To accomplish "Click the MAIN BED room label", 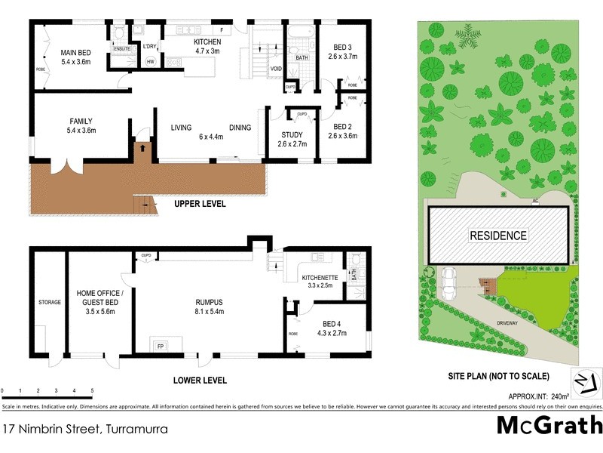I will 75,53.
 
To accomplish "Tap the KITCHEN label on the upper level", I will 207,42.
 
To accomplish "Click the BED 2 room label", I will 342,127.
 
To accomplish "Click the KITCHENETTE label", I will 320,277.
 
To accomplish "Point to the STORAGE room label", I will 50,303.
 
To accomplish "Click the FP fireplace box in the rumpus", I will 160,346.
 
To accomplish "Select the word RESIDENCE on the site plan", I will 498,236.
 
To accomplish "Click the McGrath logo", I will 549,425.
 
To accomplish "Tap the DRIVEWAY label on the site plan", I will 507,322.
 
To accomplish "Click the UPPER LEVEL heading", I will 200,204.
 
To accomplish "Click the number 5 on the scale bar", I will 92,390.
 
